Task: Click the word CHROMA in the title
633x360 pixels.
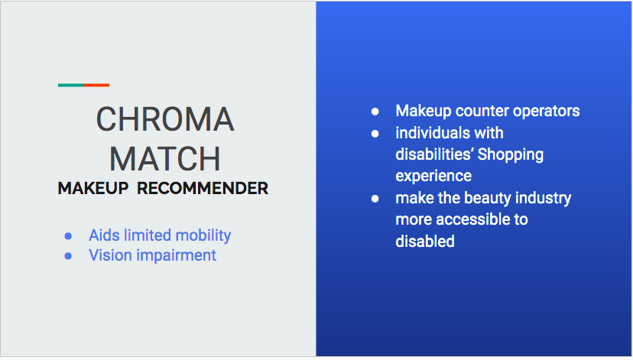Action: click(x=165, y=119)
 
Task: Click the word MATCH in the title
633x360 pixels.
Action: click(x=165, y=159)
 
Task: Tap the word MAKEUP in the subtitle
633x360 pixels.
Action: click(x=93, y=189)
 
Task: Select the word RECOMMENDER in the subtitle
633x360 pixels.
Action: click(x=203, y=189)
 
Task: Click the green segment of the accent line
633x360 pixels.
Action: click(x=71, y=85)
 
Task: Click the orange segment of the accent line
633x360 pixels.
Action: click(x=96, y=85)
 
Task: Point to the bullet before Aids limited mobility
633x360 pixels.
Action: click(x=68, y=235)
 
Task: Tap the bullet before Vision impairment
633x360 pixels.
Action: click(x=68, y=256)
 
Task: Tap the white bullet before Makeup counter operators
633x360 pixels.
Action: click(x=375, y=112)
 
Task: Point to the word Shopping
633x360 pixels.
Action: click(x=511, y=155)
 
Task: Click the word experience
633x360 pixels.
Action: click(x=433, y=177)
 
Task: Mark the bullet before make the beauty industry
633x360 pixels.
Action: click(x=375, y=199)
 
